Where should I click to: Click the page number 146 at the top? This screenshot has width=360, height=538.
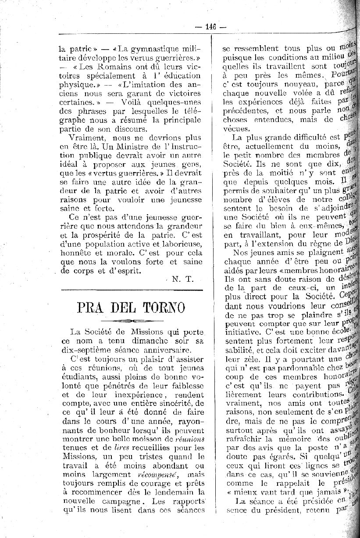pos(211,26)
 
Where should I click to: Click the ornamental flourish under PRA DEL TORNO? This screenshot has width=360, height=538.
pos(132,320)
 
